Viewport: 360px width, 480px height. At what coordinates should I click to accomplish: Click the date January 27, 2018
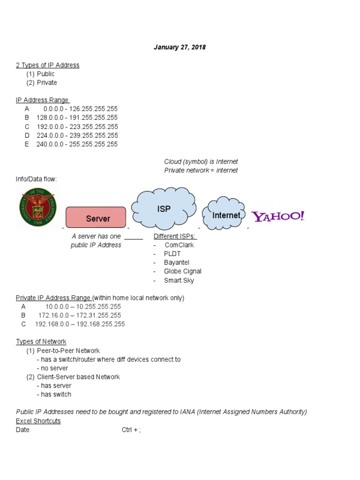[x=180, y=47]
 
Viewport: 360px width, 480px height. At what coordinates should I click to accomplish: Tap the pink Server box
[x=96, y=218]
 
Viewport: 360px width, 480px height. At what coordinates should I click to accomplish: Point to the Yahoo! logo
[x=278, y=216]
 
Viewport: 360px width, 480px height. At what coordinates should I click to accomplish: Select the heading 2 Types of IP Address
[x=47, y=65]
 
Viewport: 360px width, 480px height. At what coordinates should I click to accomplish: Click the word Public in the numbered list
[x=45, y=74]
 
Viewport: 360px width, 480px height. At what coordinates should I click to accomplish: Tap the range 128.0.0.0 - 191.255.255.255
[x=77, y=118]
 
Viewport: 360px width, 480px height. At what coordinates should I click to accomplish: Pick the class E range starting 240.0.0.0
[x=77, y=144]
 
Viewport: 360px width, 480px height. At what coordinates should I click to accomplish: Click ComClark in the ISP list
[x=179, y=245]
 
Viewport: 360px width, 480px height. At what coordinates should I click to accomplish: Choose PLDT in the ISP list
[x=172, y=254]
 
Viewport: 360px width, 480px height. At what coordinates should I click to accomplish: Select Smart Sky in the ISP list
[x=179, y=280]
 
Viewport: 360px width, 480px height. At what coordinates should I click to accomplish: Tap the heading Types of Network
[x=41, y=342]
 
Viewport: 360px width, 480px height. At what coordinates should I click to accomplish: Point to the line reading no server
[x=54, y=368]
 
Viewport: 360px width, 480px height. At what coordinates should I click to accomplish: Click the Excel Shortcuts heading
[x=38, y=421]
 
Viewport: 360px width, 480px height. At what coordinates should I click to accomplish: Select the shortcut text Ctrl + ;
[x=131, y=430]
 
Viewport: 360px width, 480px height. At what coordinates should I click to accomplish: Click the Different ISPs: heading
[x=175, y=236]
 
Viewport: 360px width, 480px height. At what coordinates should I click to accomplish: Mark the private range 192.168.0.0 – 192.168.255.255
[x=80, y=324]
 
